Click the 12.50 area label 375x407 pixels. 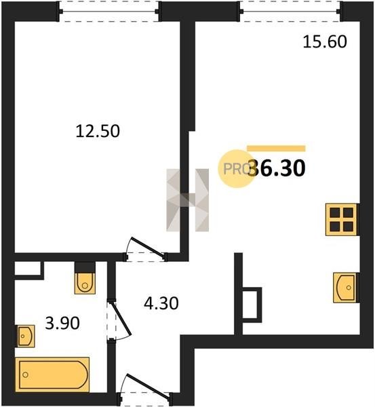pos(98,131)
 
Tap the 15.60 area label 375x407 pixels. pos(325,41)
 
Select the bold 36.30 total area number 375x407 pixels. pos(277,168)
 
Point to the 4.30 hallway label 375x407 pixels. pos(161,303)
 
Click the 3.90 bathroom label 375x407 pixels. pos(62,323)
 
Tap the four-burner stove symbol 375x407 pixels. pos(341,220)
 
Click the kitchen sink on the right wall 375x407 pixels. pos(344,288)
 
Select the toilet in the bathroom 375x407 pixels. pos(85,283)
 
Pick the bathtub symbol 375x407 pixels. pos(52,374)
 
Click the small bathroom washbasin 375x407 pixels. pos(26,336)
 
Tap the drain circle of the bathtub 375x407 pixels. pos(25,374)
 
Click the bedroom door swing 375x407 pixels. pos(146,249)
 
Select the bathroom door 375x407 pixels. pos(119,319)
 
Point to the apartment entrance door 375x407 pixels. pos(145,389)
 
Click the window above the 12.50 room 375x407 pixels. pos(109,12)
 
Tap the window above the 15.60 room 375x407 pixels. pos(290,12)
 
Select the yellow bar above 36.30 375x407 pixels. pos(276,149)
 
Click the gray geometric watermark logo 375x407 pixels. pos(187,200)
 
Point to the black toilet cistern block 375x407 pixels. pos(85,267)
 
